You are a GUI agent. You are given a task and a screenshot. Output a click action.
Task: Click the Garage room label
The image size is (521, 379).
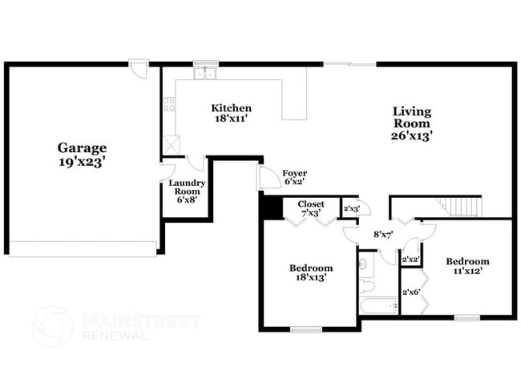tap(82, 148)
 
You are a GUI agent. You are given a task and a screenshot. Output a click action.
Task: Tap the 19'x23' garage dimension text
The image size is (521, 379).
tap(82, 162)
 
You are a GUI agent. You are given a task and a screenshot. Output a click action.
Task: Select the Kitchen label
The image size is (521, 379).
tap(231, 108)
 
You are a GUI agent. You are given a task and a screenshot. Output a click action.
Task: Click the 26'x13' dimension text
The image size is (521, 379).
tap(412, 136)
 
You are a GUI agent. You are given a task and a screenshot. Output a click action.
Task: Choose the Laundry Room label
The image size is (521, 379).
tap(187, 187)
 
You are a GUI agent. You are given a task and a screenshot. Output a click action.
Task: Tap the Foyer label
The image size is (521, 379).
tap(295, 173)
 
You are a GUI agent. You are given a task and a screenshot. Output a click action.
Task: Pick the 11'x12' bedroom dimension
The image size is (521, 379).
tap(467, 272)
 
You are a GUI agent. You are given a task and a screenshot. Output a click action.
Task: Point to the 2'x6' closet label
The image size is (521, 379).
tap(411, 292)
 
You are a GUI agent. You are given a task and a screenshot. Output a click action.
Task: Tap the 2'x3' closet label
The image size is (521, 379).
tap(351, 209)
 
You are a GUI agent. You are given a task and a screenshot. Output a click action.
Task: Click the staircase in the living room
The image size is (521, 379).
tap(465, 208)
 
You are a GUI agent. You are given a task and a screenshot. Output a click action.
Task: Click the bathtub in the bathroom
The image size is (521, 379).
tap(378, 305)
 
